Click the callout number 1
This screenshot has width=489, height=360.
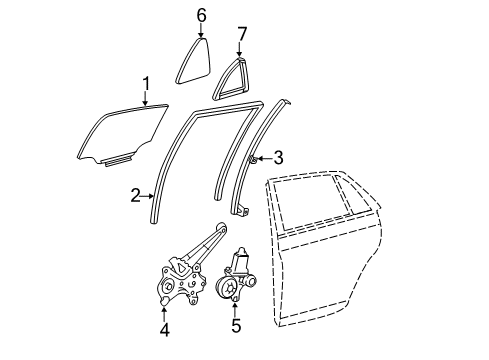coord(146,82)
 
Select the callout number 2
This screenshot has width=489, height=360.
coord(135,197)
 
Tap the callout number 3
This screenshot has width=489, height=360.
coord(279,157)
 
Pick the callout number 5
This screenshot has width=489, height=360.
coord(236,324)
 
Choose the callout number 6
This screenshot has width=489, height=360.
coord(201,15)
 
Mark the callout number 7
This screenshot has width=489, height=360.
coord(241,37)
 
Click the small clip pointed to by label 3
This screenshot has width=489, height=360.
coord(254,158)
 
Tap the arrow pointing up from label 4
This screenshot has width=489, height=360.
coord(164,307)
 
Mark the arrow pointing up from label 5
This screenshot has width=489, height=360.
coord(236,305)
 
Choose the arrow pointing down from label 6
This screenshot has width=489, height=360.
coord(201,33)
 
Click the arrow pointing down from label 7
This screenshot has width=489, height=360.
coord(241,53)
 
